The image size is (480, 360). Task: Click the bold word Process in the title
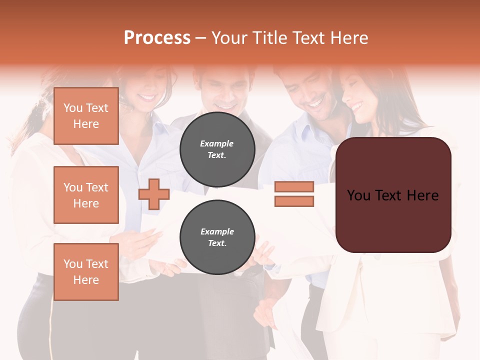[157, 38]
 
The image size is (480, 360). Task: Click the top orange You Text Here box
[86, 116]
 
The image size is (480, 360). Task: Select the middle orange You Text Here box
[86, 195]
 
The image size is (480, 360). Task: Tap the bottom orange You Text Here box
[86, 272]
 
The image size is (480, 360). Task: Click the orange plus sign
[154, 194]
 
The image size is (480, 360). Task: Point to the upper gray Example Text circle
[217, 149]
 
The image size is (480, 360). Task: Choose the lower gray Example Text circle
[217, 237]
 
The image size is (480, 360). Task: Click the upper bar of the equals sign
[294, 187]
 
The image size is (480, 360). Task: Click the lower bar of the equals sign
[294, 201]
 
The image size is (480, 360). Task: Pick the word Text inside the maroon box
[393, 195]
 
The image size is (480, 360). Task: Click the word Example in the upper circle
[217, 144]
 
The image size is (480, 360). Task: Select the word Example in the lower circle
[217, 232]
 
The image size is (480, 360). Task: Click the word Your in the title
[230, 38]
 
